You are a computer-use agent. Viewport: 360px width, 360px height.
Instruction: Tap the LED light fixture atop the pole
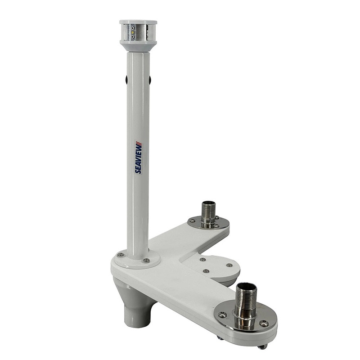[138, 34]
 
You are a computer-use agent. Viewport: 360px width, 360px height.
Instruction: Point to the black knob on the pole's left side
[126, 80]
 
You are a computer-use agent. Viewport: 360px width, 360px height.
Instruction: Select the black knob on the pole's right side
[149, 80]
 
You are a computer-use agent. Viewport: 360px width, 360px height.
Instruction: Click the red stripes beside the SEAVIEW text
[139, 144]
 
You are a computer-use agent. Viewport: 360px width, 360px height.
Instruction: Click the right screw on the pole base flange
[146, 260]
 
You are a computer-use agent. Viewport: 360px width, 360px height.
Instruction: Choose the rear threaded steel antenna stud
[208, 213]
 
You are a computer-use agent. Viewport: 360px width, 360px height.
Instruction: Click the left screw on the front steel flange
[222, 315]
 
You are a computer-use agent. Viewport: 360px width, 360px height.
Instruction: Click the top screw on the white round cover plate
[202, 259]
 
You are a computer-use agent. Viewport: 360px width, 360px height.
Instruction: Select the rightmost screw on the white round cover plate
[229, 265]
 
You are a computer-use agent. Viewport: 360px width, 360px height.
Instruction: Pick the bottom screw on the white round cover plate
[206, 271]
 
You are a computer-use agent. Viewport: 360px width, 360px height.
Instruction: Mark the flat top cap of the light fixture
[138, 22]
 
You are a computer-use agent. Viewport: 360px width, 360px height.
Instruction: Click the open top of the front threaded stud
[246, 286]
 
